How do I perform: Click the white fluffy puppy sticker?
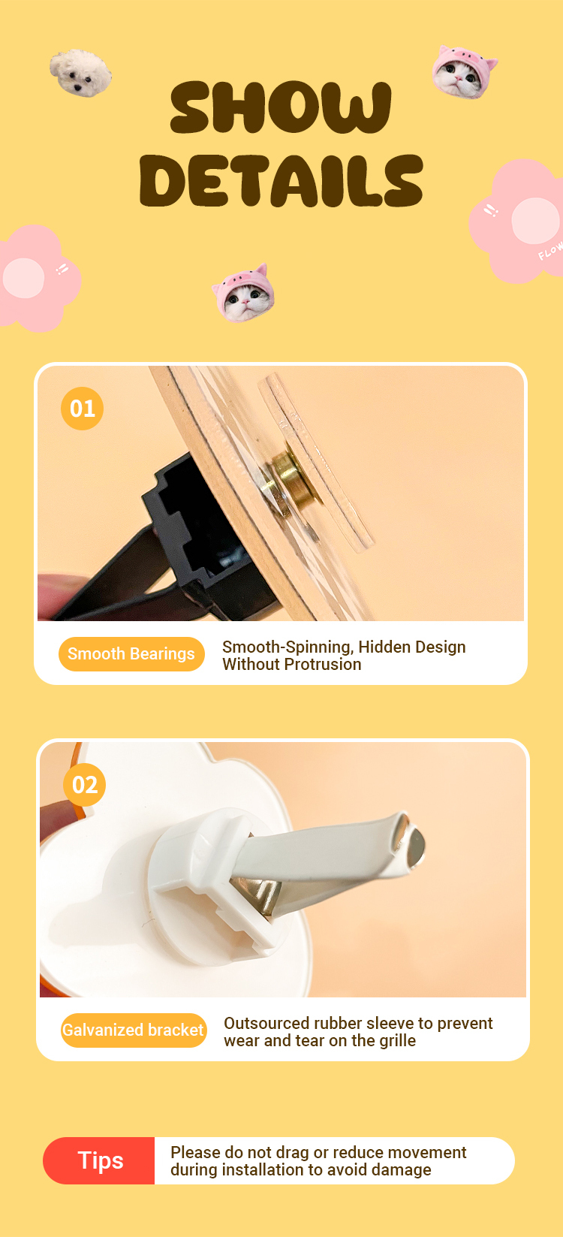(x=80, y=73)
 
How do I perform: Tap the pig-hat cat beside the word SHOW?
(x=464, y=72)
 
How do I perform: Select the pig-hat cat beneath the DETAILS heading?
(x=243, y=293)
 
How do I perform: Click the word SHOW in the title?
(x=281, y=107)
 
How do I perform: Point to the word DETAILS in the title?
(x=281, y=180)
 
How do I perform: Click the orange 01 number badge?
(x=83, y=409)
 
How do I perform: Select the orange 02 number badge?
(x=84, y=785)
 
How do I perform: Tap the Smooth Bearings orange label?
(x=131, y=654)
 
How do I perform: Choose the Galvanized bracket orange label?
(x=134, y=1030)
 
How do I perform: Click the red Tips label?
(x=99, y=1160)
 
